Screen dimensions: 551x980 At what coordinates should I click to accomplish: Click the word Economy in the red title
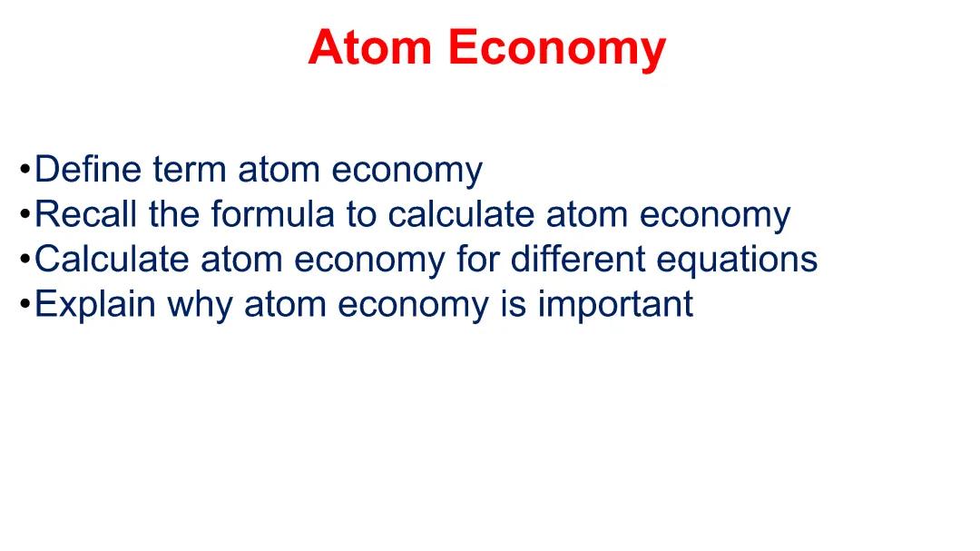coord(556,47)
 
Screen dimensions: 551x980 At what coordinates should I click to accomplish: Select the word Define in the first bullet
coord(88,170)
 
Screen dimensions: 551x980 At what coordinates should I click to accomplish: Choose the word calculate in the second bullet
coord(461,214)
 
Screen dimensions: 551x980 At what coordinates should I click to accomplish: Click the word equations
coord(736,261)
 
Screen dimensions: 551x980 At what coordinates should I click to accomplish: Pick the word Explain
coord(94,304)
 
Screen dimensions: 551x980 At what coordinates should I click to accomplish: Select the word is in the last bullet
coord(514,304)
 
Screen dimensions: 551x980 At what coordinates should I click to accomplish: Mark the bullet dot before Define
coord(24,171)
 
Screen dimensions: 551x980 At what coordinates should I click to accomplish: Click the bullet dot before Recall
coord(24,215)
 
